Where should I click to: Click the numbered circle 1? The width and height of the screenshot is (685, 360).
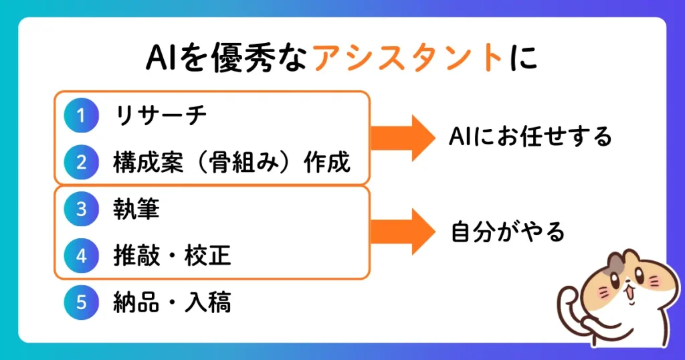81,115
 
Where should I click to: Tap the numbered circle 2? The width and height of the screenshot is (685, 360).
81,162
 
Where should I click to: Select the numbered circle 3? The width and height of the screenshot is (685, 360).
81,209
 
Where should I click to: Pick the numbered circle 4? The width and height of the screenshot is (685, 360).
81,256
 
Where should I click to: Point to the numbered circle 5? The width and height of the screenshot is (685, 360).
81,302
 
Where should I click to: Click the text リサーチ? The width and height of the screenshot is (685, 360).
161,115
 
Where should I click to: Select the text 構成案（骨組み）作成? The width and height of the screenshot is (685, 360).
232,162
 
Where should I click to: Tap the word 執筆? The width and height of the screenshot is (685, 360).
136,209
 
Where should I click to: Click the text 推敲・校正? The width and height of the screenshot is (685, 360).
172,256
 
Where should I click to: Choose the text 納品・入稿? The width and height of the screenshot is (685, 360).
172,302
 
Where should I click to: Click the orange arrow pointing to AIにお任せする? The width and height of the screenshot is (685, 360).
403,138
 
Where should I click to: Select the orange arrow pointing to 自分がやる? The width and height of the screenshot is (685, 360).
403,232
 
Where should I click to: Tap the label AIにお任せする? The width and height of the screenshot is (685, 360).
530,137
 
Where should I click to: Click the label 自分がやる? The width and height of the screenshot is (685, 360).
508,232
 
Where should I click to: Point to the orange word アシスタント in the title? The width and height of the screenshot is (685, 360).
408,58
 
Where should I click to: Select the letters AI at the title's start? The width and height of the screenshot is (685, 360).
161,58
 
